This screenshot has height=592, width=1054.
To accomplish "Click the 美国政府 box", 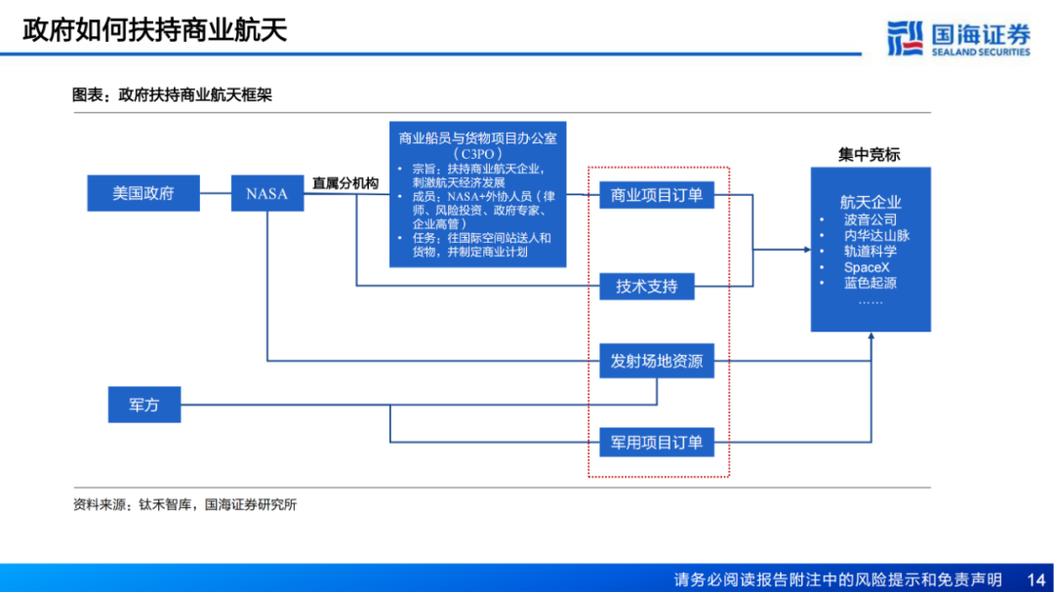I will (143, 193).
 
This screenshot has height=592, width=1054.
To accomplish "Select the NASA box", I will (266, 193).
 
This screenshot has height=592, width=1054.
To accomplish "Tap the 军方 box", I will (143, 404).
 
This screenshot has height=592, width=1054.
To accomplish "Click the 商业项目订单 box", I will (656, 195).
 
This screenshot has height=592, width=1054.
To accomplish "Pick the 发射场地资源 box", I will (656, 361).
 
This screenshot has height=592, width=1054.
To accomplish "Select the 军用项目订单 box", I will (656, 442).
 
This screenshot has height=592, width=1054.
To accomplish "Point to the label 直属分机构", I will (345, 182).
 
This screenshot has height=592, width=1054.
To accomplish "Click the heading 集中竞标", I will (869, 154).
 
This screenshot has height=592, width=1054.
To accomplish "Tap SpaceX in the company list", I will (867, 267).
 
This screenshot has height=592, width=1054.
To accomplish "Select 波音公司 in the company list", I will (871, 219).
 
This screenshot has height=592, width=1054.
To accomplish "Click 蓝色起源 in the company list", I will (871, 283).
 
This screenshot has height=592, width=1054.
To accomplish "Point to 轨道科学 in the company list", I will (871, 251).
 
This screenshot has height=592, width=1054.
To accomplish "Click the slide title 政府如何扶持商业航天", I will (155, 29).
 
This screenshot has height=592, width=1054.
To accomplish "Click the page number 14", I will (1036, 578).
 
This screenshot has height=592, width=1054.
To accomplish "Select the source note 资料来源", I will (184, 504).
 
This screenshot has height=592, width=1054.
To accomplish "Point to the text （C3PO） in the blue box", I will (477, 154).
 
